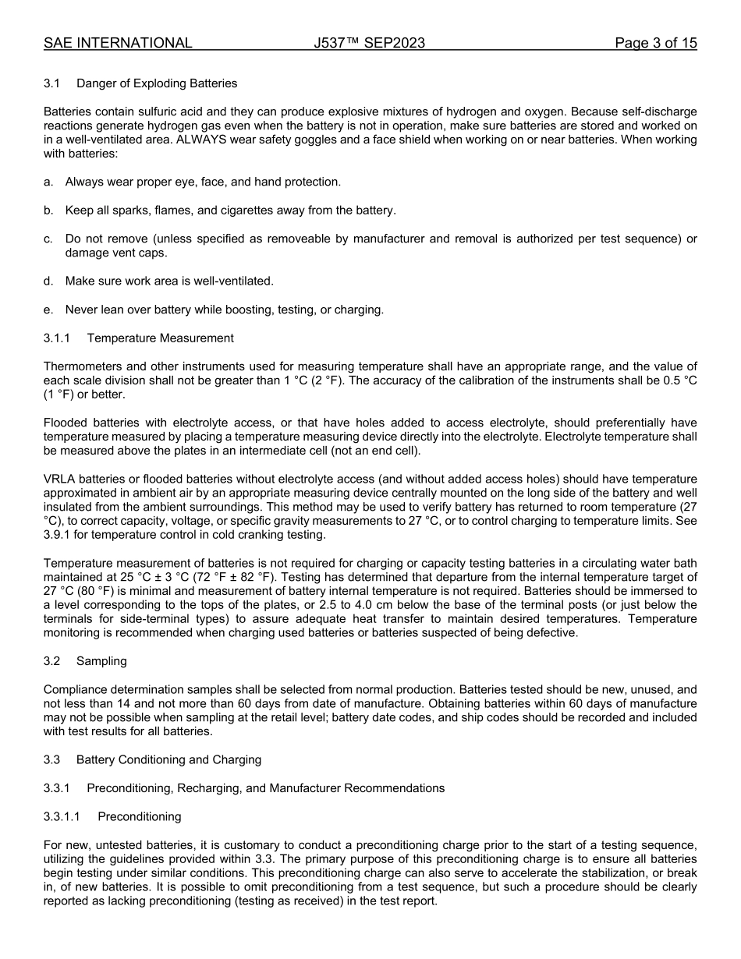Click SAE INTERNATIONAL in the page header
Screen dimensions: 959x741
coord(118,43)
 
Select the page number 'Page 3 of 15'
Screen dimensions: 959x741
coord(655,43)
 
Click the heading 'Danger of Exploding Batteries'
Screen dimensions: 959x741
coord(157,83)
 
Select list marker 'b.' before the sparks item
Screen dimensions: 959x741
coord(49,211)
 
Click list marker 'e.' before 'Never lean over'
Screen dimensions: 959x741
coord(49,310)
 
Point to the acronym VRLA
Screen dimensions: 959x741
coord(58,479)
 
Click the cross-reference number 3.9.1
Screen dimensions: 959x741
coord(58,535)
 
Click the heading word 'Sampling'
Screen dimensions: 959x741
coord(101,661)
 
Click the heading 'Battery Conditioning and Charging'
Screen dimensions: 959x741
coord(168,759)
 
